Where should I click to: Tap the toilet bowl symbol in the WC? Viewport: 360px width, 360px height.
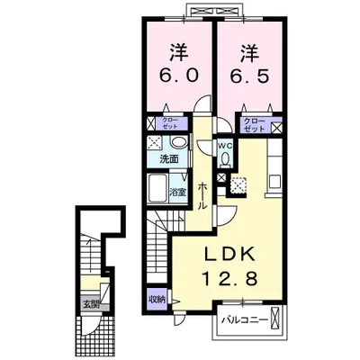226,159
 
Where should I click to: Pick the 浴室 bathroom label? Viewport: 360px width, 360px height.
178,192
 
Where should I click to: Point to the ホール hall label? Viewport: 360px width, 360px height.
202,193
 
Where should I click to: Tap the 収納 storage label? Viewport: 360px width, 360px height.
157,298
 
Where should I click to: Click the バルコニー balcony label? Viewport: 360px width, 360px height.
243,319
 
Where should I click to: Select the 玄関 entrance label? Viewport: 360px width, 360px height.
93,303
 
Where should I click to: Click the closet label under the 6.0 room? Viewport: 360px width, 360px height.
169,125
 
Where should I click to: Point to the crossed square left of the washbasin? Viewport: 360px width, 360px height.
154,143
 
